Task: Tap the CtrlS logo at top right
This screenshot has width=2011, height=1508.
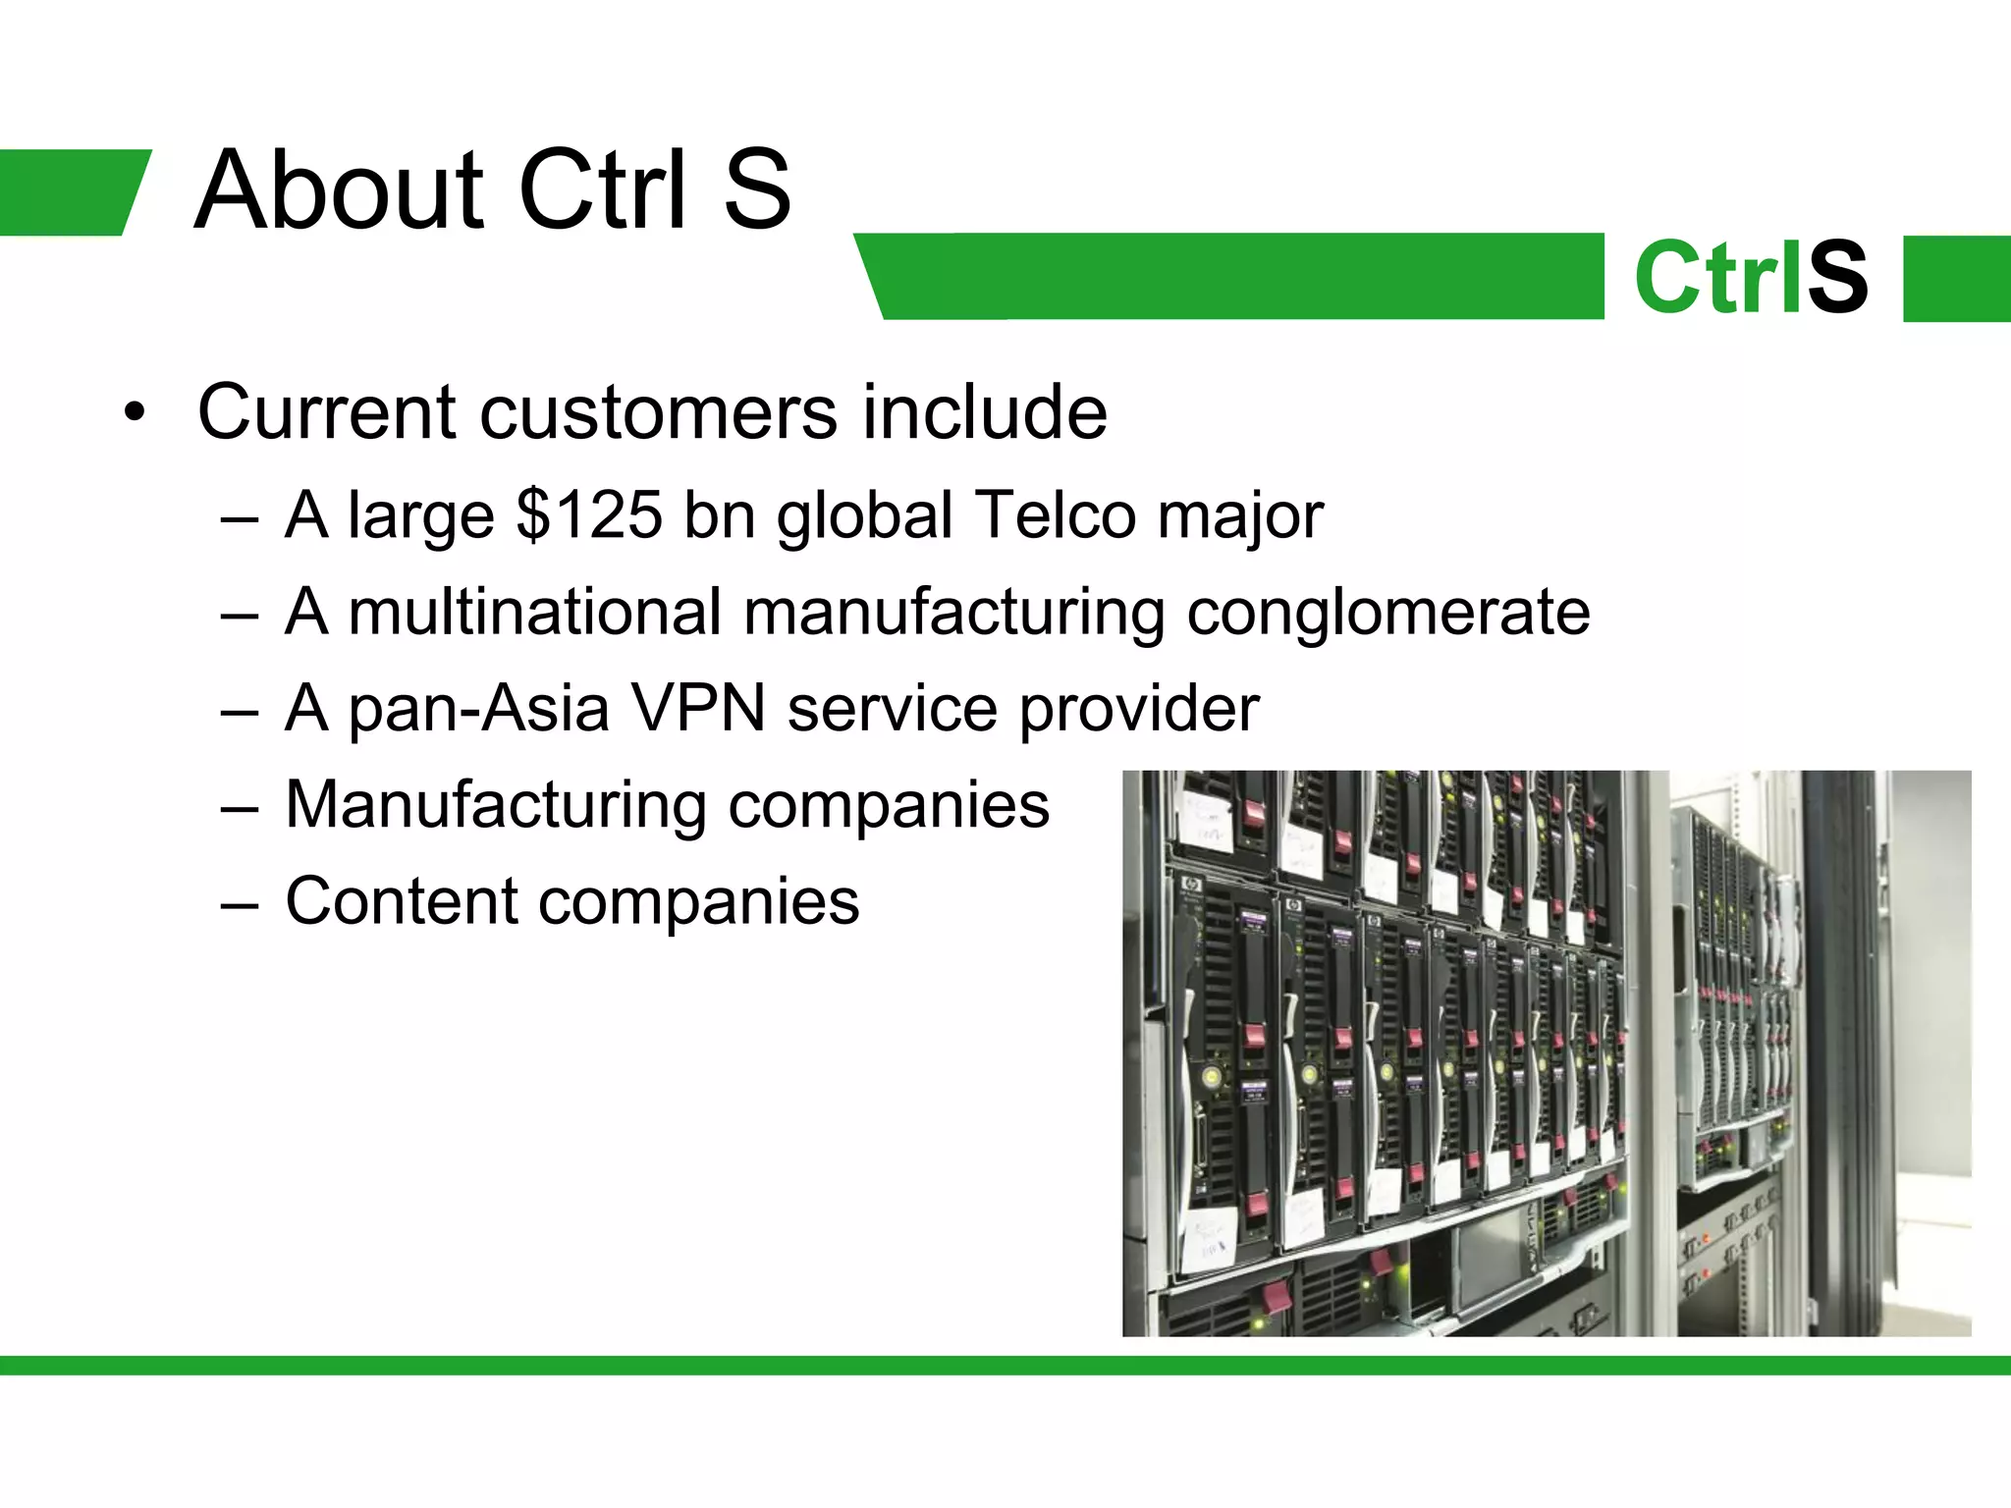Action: (x=1751, y=278)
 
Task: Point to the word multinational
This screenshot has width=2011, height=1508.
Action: (x=535, y=612)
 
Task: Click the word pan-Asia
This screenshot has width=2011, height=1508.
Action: (x=478, y=708)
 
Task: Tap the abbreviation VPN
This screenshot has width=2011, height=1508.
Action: (x=697, y=708)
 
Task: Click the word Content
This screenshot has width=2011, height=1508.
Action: (x=401, y=900)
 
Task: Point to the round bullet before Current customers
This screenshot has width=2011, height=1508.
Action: (x=135, y=412)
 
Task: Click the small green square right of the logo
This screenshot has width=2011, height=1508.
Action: (x=1956, y=278)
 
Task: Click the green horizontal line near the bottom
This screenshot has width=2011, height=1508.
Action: (x=1005, y=1365)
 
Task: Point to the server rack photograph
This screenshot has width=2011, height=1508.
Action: (x=1546, y=1052)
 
